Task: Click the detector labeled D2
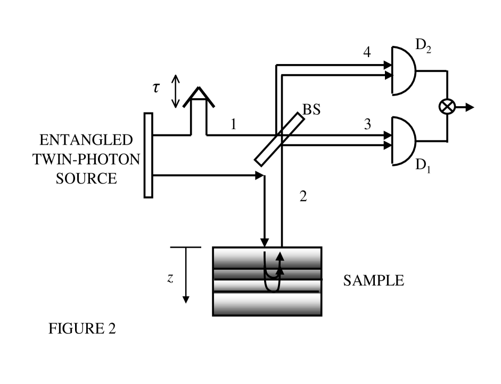[405, 70]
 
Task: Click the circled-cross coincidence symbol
[446, 107]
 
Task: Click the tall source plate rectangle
[149, 155]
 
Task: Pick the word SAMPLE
[373, 281]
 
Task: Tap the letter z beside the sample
[169, 279]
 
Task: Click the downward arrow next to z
[186, 277]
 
